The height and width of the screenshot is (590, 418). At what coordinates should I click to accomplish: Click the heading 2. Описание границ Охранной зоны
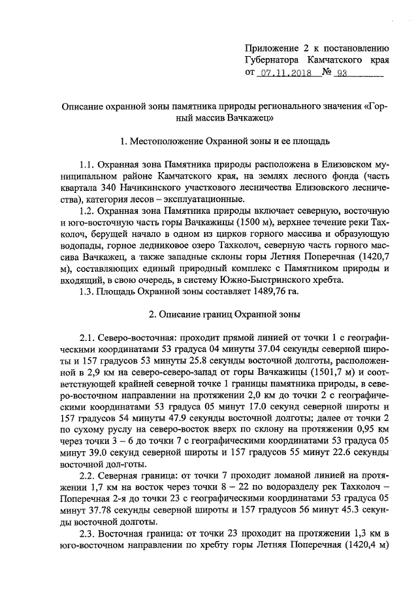(x=225, y=315)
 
